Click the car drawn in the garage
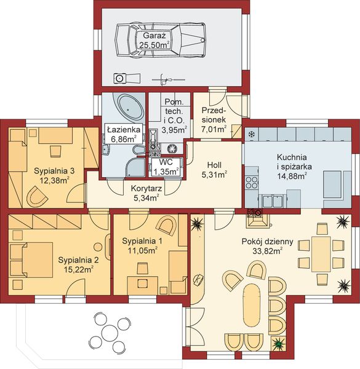(x=161, y=40)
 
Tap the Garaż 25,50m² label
(x=154, y=40)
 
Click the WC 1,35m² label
(x=166, y=167)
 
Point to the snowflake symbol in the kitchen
(x=252, y=135)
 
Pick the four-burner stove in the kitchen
(x=252, y=183)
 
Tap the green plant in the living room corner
(x=278, y=344)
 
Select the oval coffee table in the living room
(x=252, y=305)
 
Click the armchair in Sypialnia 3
(x=37, y=196)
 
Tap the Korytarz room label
(x=146, y=189)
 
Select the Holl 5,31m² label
(x=214, y=170)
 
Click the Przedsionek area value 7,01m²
(x=214, y=129)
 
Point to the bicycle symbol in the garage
(x=169, y=80)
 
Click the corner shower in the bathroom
(x=135, y=167)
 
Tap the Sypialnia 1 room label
(x=142, y=242)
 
